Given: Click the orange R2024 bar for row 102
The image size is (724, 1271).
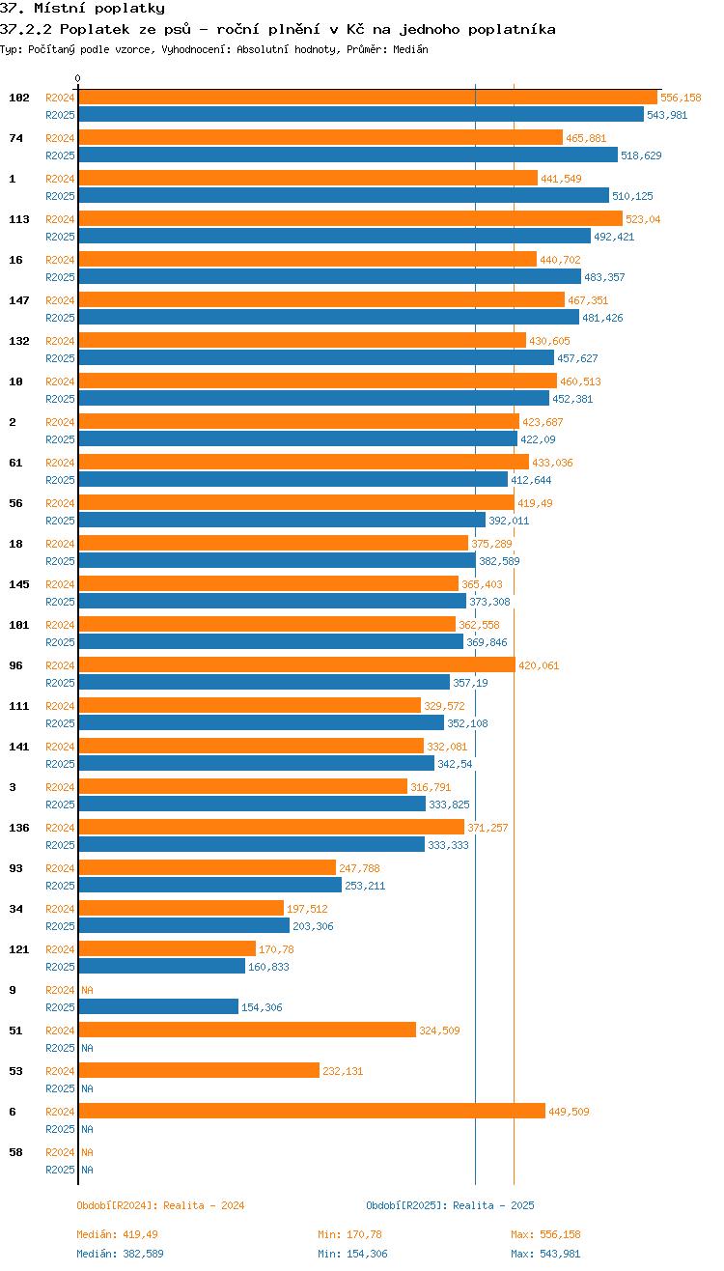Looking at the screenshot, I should (x=367, y=97).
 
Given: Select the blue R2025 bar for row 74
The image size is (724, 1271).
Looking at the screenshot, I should (x=348, y=155).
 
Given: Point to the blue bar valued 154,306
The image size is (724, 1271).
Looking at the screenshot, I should (x=158, y=1006).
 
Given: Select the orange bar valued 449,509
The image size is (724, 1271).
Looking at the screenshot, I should (x=311, y=1111).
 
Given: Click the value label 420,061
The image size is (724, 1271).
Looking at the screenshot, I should (x=539, y=665).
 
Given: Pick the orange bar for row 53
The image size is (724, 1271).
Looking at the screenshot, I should (x=198, y=1070).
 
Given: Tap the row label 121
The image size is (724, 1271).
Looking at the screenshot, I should (x=19, y=949).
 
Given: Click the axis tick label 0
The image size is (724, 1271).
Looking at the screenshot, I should (x=78, y=78).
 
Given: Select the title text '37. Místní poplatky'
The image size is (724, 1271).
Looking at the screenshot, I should (x=82, y=9).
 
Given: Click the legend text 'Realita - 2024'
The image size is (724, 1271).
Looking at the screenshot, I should (x=204, y=1205).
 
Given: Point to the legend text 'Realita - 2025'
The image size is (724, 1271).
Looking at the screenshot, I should (x=493, y=1205).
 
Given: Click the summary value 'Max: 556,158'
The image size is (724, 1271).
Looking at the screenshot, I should (x=545, y=1234).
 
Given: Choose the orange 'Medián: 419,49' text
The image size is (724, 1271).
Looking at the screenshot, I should (x=117, y=1234).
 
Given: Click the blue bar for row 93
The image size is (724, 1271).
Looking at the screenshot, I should (x=209, y=885).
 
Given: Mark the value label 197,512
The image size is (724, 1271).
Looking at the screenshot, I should (x=307, y=909).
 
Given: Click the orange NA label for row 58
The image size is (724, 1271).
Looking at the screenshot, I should (x=87, y=1152).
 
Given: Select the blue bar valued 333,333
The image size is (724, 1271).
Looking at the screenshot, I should (x=251, y=844).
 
